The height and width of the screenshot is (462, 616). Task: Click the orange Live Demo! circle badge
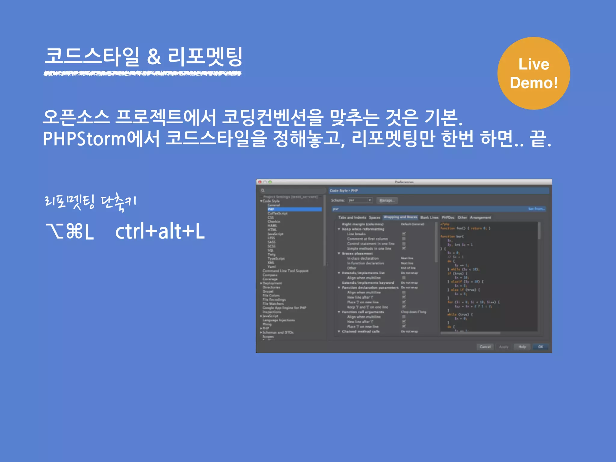tap(534, 73)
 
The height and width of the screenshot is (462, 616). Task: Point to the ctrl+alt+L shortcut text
tap(160, 231)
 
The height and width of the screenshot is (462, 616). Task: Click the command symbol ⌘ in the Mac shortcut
tap(73, 231)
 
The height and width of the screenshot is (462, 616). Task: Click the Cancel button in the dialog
tap(485, 347)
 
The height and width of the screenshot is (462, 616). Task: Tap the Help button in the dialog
tap(522, 347)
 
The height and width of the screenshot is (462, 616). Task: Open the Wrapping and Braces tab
tap(400, 217)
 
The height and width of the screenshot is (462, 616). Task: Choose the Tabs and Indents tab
tap(352, 217)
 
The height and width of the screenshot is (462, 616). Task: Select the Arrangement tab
tap(480, 217)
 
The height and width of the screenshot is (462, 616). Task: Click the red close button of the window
tap(260, 182)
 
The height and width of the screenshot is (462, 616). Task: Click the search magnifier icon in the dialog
tap(263, 190)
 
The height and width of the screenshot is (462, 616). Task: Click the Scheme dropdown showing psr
tap(360, 200)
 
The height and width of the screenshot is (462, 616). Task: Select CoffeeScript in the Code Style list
tap(277, 213)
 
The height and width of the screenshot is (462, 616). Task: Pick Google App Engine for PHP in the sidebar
tap(284, 308)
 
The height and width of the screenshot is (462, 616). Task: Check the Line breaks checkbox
tap(404, 234)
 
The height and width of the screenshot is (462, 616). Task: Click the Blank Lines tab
tap(429, 217)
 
